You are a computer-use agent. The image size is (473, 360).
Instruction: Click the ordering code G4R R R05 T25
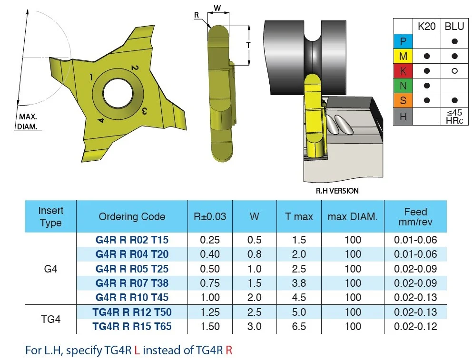(132, 269)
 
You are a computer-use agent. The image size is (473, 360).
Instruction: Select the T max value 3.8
(299, 283)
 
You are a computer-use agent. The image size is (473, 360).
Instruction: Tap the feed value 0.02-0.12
(415, 326)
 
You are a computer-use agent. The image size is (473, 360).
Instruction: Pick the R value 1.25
(210, 312)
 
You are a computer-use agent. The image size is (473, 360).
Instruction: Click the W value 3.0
(254, 326)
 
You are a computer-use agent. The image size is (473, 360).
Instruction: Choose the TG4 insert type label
(50, 319)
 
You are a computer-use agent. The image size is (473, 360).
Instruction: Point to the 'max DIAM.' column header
(353, 216)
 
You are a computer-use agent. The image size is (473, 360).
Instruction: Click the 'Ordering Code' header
(132, 216)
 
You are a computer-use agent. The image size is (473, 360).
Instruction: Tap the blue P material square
(403, 41)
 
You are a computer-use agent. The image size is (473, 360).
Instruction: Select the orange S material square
(403, 100)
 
